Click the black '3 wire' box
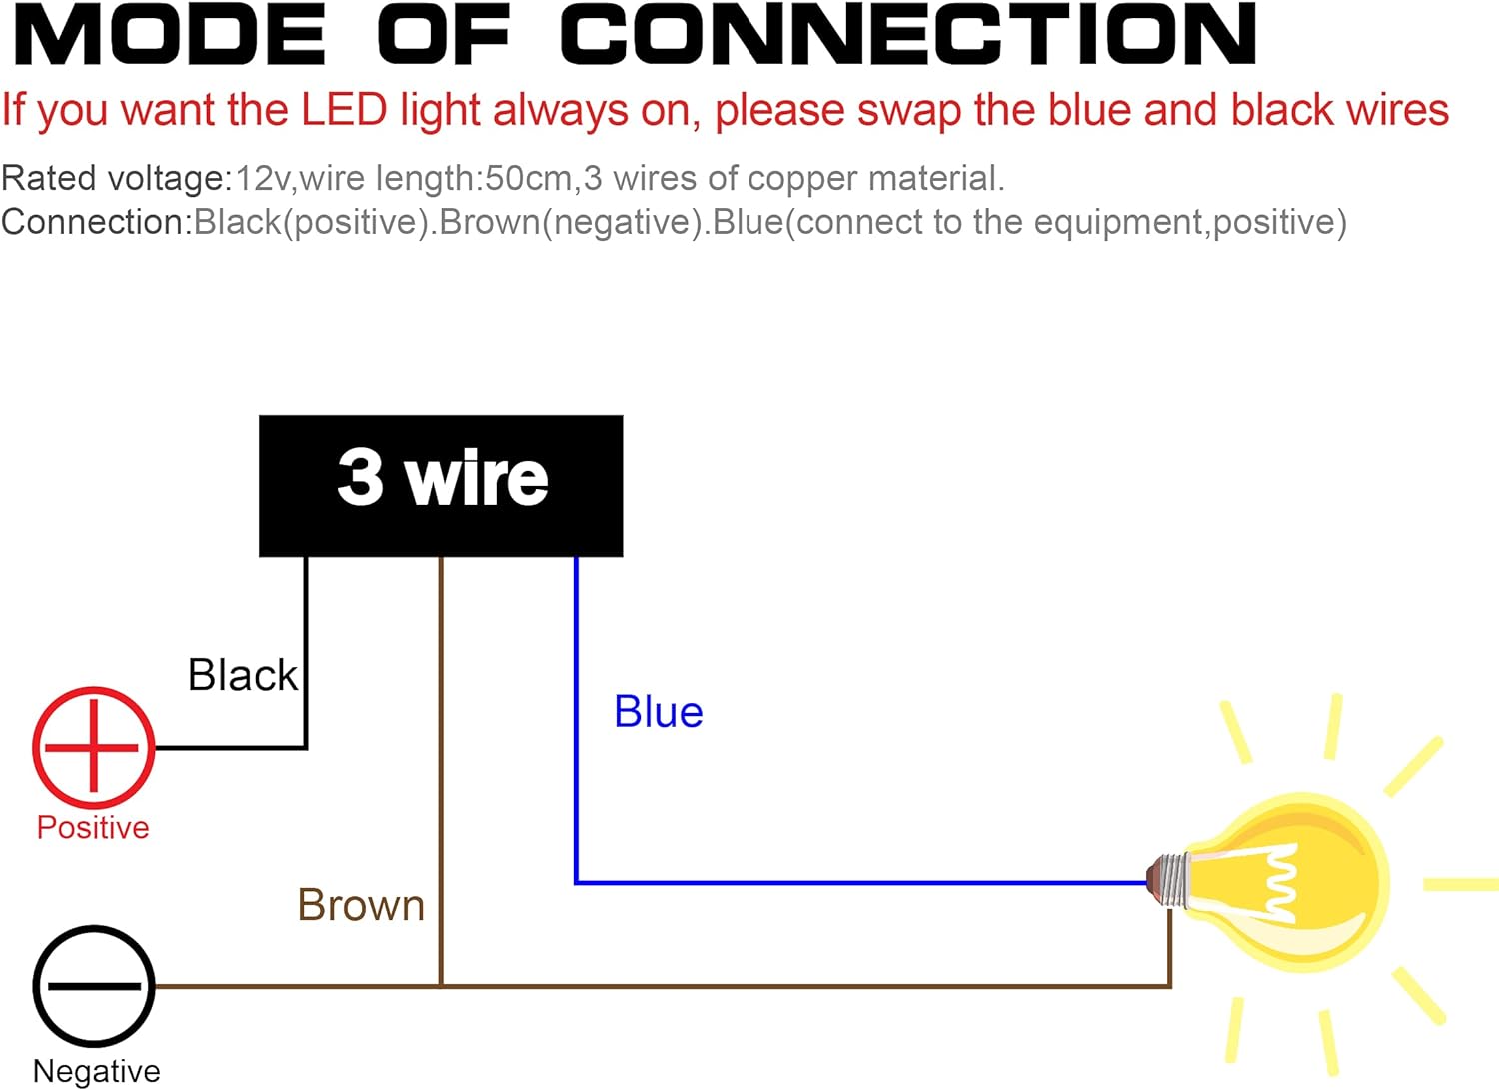(441, 486)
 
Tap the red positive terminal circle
(94, 747)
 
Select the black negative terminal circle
(94, 986)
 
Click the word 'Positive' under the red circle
(93, 828)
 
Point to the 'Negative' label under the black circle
(96, 1071)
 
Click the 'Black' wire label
(243, 676)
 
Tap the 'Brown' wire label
(361, 906)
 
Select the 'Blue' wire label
(659, 713)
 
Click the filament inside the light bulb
(1282, 883)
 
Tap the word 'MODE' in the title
(170, 35)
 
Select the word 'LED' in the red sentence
(344, 110)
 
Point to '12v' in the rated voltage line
(263, 179)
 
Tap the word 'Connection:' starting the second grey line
(96, 222)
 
